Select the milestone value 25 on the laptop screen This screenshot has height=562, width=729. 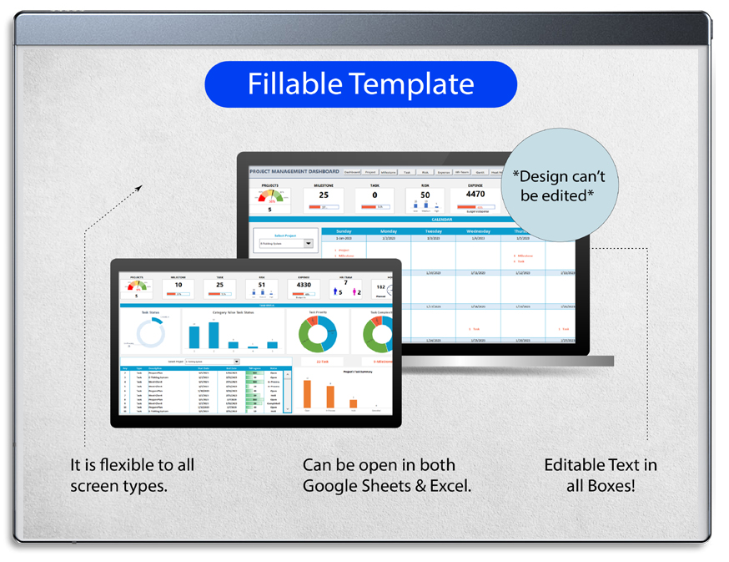click(x=324, y=195)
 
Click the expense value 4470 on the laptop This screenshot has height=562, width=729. click(x=475, y=194)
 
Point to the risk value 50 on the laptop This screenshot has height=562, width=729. click(x=425, y=195)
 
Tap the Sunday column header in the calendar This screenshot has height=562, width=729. click(x=344, y=231)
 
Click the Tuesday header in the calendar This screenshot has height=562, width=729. click(x=433, y=231)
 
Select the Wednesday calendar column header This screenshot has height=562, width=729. click(x=478, y=231)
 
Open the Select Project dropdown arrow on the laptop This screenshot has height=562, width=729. click(x=308, y=244)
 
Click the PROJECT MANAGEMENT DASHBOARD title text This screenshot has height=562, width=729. click(x=294, y=171)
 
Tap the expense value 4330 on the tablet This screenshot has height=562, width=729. click(x=304, y=285)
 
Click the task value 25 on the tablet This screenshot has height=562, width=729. click(x=219, y=285)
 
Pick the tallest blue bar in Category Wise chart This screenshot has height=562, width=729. click(x=214, y=334)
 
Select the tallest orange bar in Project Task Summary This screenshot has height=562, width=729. click(x=307, y=392)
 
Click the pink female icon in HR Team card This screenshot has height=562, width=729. click(x=354, y=292)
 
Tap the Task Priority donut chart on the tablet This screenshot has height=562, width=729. click(x=317, y=332)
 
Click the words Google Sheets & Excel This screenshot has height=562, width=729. click(x=386, y=485)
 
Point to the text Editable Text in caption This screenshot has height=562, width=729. click(x=600, y=465)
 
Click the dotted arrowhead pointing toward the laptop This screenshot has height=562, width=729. click(x=139, y=189)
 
